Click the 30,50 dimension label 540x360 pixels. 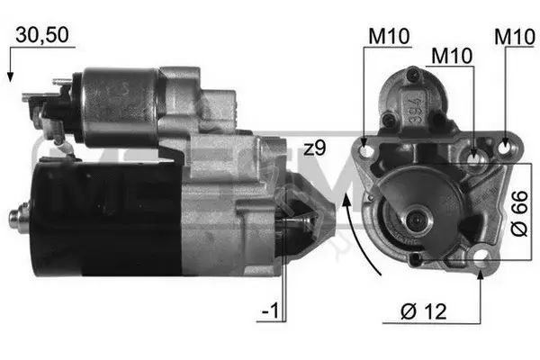point(42,35)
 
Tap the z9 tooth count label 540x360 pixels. point(314,148)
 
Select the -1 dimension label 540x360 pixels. point(270,310)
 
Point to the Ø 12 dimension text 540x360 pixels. point(424,311)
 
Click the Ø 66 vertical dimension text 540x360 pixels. point(519,213)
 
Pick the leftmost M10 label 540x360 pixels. point(389,36)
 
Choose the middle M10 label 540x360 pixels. point(452,56)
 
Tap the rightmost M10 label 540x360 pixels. point(515,37)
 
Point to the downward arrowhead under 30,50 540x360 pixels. point(10,76)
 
